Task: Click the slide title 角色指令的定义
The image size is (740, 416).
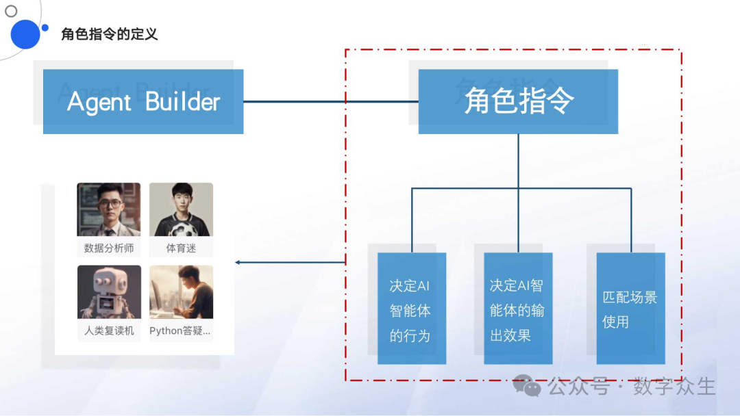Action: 110,34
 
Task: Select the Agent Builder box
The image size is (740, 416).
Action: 143,101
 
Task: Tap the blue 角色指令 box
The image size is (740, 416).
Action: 518,101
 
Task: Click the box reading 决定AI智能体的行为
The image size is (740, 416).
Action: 411,309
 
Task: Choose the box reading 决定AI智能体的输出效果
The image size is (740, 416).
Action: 518,309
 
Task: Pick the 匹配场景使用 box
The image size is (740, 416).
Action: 630,309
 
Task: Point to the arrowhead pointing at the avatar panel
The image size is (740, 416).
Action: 238,262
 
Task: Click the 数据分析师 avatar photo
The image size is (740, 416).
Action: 109,209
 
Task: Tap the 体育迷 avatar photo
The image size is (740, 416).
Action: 181,209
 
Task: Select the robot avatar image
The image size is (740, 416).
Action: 109,292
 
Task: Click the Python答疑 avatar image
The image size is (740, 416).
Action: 181,292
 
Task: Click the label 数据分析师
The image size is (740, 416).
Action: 109,248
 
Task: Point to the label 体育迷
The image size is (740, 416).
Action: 181,248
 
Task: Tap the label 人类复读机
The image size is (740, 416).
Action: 109,331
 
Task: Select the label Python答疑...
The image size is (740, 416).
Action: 180,331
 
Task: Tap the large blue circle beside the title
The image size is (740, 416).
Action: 25,34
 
